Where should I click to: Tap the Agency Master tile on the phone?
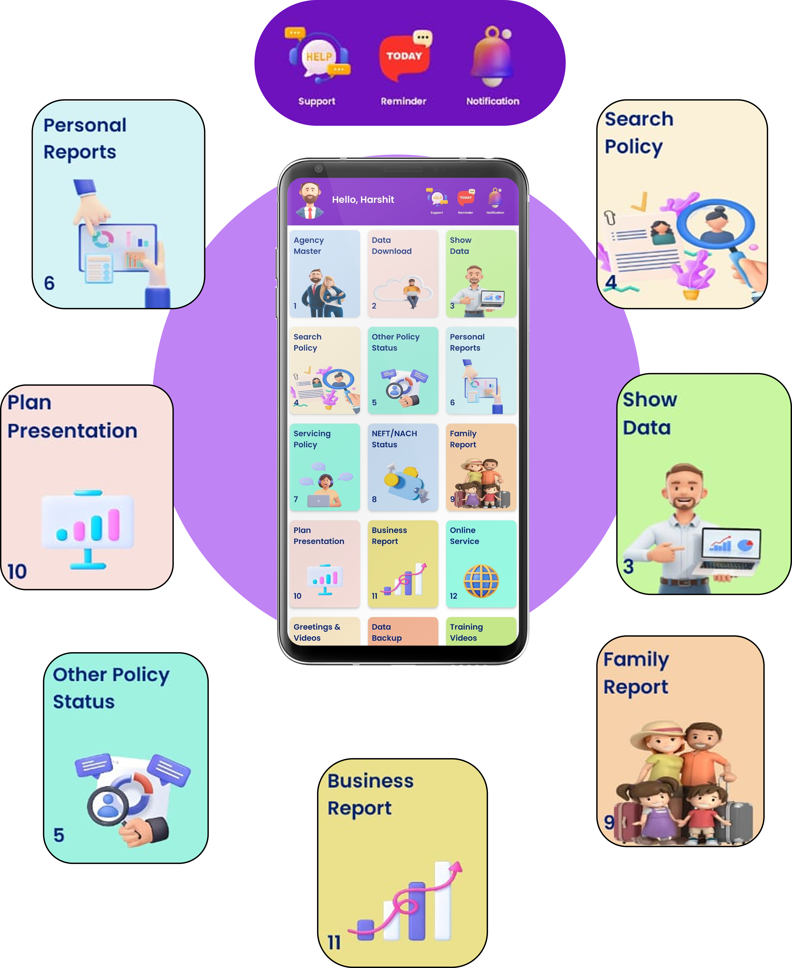click(x=324, y=274)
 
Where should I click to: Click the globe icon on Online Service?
click(x=481, y=581)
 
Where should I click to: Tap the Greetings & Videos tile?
click(x=324, y=632)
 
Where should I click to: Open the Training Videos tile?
click(x=481, y=632)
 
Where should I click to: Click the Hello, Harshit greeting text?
click(x=363, y=199)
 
